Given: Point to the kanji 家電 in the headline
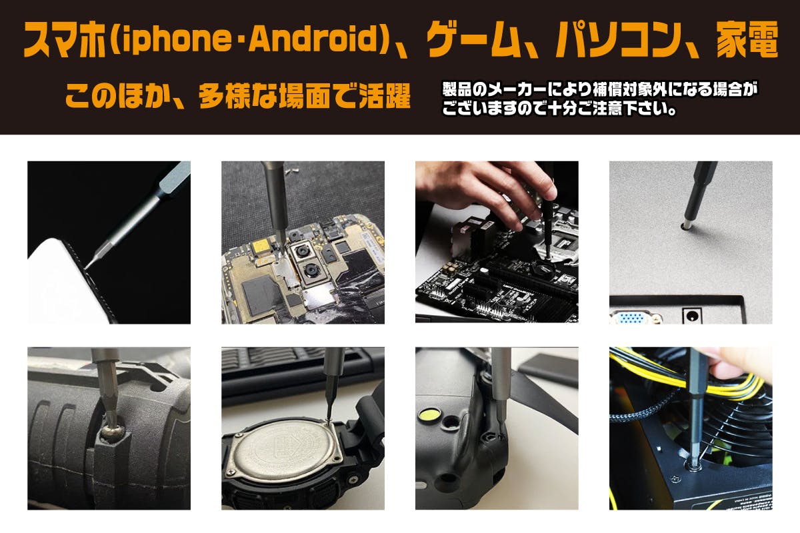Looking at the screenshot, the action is (x=747, y=39).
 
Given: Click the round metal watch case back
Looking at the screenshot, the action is (x=285, y=450).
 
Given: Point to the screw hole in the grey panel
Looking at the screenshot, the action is (x=685, y=226).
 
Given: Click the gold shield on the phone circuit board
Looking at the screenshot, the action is (x=262, y=247).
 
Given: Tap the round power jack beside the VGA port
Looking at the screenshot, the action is (x=693, y=316).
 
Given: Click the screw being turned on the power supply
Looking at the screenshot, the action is (x=693, y=466).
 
